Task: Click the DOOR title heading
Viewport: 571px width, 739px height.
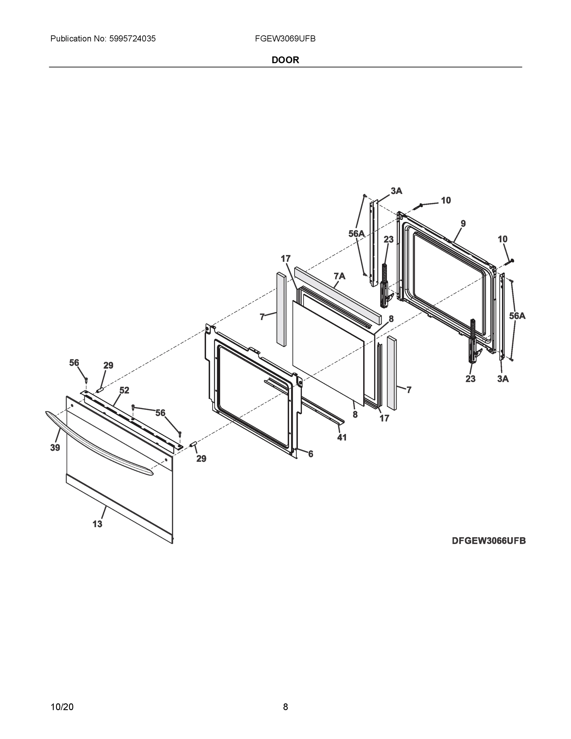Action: point(285,60)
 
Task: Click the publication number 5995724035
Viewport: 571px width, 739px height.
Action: point(132,39)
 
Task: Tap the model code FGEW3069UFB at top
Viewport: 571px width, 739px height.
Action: point(285,39)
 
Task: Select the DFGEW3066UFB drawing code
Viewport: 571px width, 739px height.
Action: point(489,541)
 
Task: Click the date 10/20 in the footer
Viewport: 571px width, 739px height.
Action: point(62,707)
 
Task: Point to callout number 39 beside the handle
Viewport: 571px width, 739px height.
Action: point(55,448)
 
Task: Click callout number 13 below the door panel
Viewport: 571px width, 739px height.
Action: point(97,524)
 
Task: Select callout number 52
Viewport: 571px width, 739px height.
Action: point(124,390)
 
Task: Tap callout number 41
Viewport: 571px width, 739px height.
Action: point(342,438)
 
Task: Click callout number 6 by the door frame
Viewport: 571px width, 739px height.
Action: point(311,454)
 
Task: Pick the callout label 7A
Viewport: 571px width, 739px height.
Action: point(340,277)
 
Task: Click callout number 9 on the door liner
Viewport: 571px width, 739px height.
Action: point(463,224)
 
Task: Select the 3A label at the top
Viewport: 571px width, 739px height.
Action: point(396,191)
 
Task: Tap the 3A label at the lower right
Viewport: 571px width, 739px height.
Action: point(503,379)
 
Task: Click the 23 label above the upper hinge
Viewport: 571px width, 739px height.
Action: point(389,240)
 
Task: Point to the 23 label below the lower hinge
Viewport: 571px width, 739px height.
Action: point(470,379)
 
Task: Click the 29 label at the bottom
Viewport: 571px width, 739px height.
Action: point(201,459)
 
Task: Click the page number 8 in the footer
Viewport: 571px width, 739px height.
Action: point(285,707)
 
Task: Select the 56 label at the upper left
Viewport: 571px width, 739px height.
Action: point(74,363)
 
